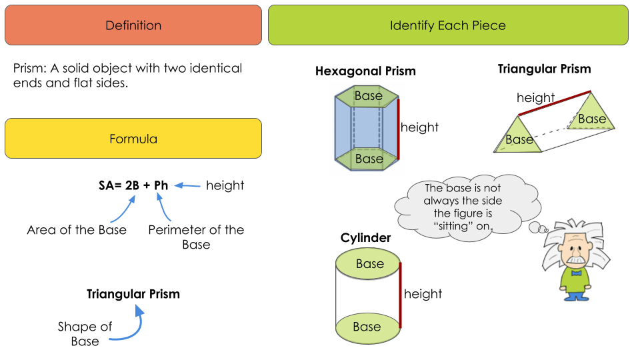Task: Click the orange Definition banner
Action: click(133, 25)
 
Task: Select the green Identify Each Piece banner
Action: click(448, 25)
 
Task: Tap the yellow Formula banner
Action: click(133, 139)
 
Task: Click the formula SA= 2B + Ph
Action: click(133, 185)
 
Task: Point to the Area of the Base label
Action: click(77, 230)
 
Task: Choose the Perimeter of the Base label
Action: click(196, 237)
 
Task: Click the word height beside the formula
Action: click(225, 185)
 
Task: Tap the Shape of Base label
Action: click(85, 334)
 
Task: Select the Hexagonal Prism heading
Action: click(365, 71)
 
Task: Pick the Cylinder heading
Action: click(365, 238)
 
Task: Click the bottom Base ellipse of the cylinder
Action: click(367, 327)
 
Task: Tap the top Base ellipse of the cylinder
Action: click(369, 264)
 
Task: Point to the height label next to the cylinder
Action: click(423, 294)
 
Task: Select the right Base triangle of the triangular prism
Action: click(590, 115)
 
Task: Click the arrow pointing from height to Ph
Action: click(187, 186)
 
